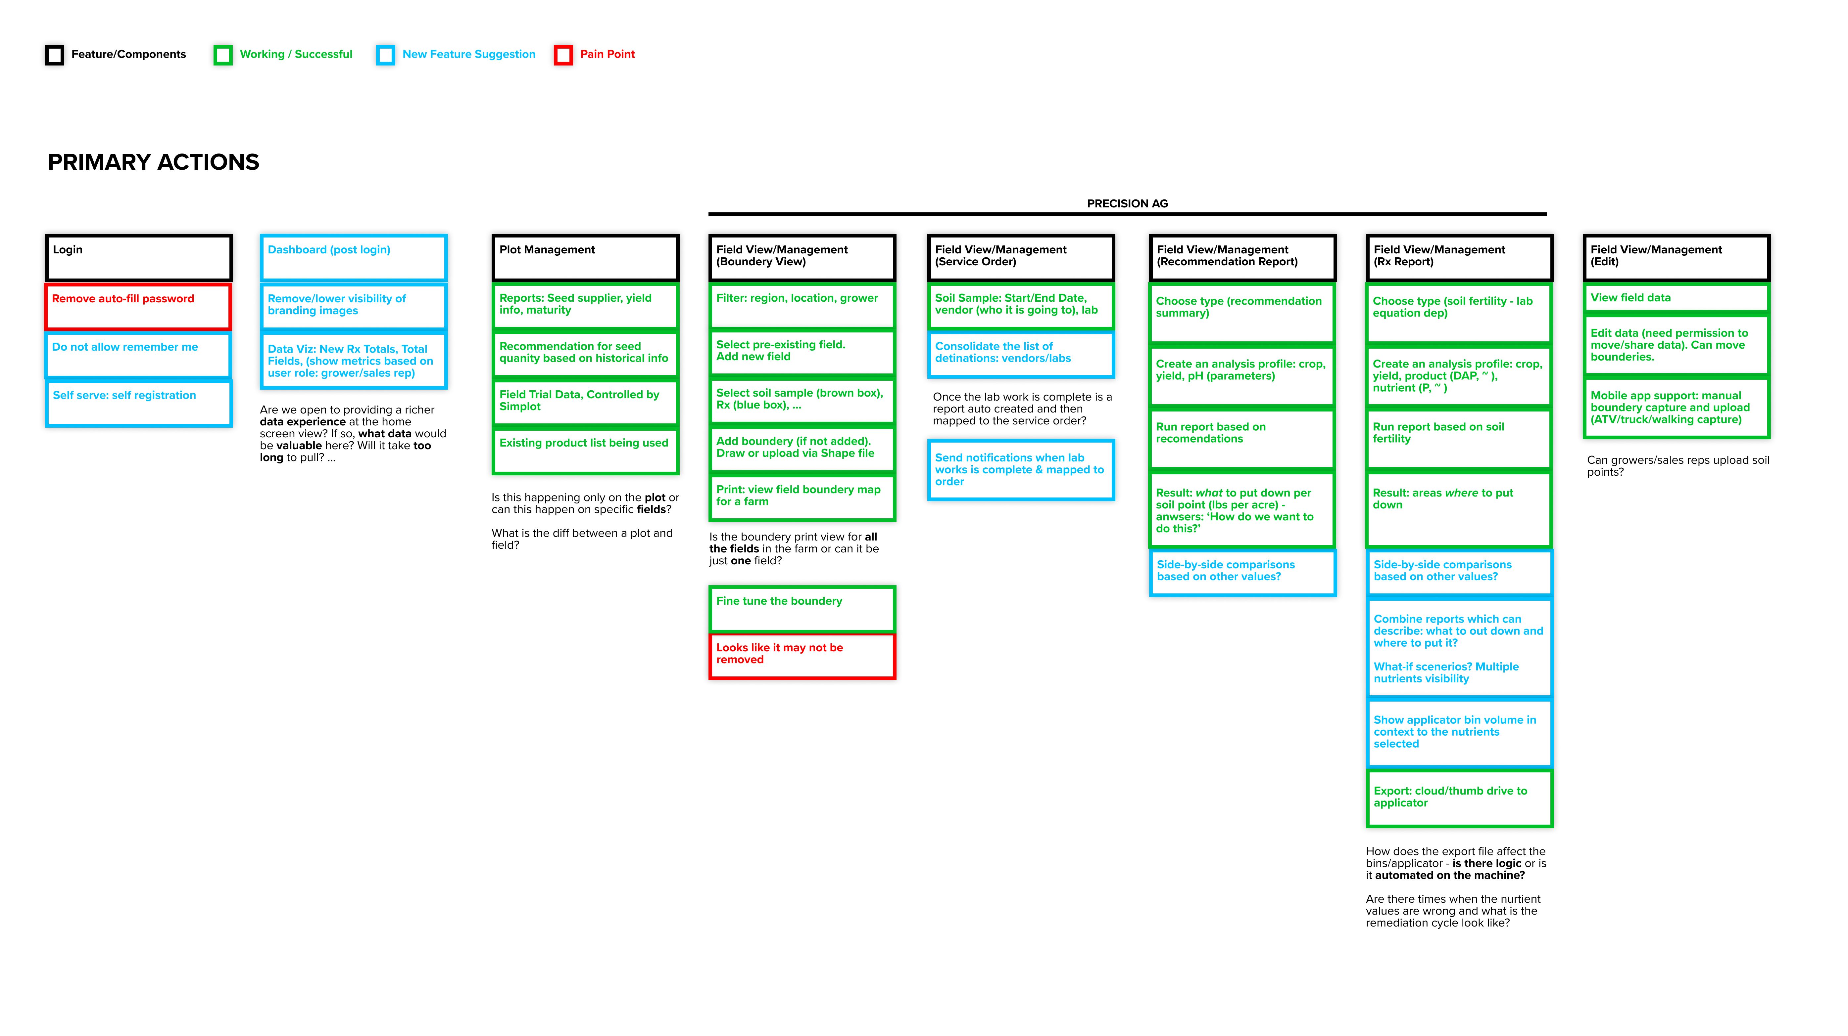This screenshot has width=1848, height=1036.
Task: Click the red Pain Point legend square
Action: (x=563, y=55)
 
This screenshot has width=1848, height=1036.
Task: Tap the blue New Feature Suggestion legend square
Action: (x=385, y=55)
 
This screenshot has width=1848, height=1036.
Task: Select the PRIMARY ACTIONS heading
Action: (x=154, y=162)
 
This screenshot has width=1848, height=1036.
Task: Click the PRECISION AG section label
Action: (x=1127, y=204)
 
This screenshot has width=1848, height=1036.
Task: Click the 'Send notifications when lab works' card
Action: (x=1021, y=470)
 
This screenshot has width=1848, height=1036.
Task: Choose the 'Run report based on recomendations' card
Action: (x=1242, y=439)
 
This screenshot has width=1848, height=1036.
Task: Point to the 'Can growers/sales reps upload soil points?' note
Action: (x=1678, y=466)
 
